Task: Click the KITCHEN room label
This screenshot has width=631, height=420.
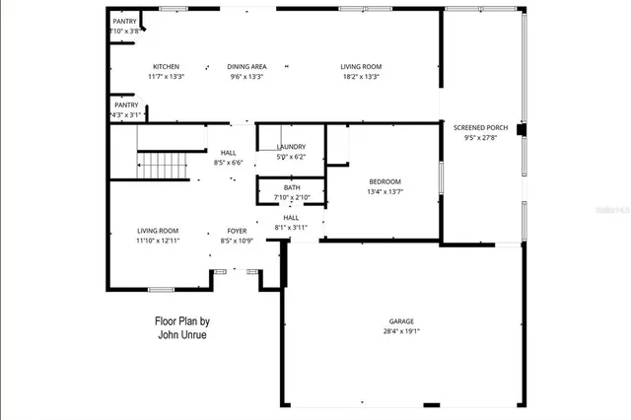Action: (166, 66)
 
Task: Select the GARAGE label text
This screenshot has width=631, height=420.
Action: (401, 321)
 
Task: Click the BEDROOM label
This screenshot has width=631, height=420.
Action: (385, 181)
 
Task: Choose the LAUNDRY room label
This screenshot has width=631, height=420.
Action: (291, 147)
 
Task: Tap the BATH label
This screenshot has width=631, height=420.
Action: (291, 187)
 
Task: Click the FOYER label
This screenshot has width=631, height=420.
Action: (237, 231)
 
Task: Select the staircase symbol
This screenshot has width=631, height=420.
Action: (160, 165)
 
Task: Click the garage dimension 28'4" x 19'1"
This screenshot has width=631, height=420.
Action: (401, 331)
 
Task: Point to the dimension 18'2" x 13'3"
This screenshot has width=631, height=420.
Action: (361, 76)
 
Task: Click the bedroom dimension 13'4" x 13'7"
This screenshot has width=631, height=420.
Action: (385, 191)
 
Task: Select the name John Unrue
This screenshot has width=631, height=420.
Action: (182, 334)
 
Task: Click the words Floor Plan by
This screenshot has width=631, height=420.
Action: (182, 320)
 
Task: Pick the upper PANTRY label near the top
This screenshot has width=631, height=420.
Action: (125, 21)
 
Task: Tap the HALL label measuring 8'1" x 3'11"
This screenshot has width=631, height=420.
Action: (291, 218)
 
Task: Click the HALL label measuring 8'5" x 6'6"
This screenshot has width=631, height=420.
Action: (229, 153)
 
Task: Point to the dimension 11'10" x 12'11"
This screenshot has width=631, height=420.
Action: (158, 241)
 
